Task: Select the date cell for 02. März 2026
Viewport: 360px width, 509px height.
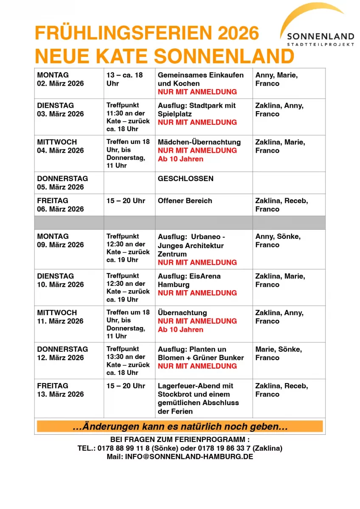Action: [61, 79]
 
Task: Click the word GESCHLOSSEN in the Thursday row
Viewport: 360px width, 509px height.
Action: [186, 179]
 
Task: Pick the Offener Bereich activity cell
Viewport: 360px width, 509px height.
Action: [185, 201]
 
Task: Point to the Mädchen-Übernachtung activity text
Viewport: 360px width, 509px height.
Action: [199, 142]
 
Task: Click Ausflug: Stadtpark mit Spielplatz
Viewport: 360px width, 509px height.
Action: [197, 109]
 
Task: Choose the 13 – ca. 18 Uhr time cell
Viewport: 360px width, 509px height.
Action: [125, 79]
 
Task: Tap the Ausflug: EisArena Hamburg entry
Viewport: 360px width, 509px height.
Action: [189, 280]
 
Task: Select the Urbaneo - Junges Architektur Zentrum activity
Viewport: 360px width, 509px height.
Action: [191, 245]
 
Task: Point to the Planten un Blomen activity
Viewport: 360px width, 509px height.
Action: [201, 353]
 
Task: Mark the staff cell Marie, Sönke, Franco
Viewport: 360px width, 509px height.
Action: [278, 353]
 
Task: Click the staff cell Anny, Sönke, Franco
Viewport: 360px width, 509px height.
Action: [278, 241]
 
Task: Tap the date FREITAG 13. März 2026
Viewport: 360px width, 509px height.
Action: [61, 390]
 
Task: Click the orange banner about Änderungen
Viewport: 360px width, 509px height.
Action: [180, 426]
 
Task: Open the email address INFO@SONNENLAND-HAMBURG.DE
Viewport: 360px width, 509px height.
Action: [189, 457]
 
